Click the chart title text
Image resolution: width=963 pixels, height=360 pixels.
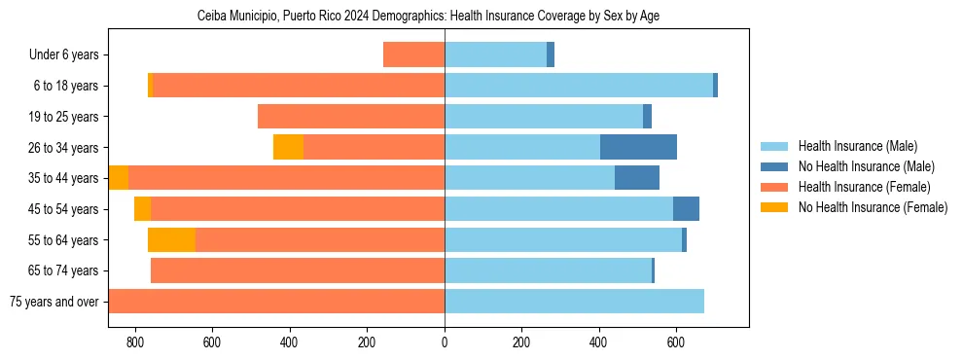[x=429, y=17]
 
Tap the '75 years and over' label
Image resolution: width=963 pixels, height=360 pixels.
[x=54, y=302]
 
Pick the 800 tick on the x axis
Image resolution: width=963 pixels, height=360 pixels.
[x=135, y=342]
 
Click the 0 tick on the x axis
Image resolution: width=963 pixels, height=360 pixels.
[x=445, y=342]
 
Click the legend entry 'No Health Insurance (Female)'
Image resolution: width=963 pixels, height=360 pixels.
[x=873, y=207]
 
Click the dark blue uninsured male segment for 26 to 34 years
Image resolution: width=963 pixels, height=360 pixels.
[x=638, y=147]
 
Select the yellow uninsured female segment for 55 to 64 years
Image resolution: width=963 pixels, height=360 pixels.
[x=171, y=239]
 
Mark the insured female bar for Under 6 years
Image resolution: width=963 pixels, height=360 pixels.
[x=413, y=54]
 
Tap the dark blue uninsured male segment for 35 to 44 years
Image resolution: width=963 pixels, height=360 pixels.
[x=637, y=178]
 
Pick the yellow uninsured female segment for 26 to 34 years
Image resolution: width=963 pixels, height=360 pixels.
[x=288, y=147]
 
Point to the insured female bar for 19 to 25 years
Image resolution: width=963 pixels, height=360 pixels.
[x=351, y=117]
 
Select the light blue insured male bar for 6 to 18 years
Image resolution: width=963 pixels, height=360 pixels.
[x=579, y=86]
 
